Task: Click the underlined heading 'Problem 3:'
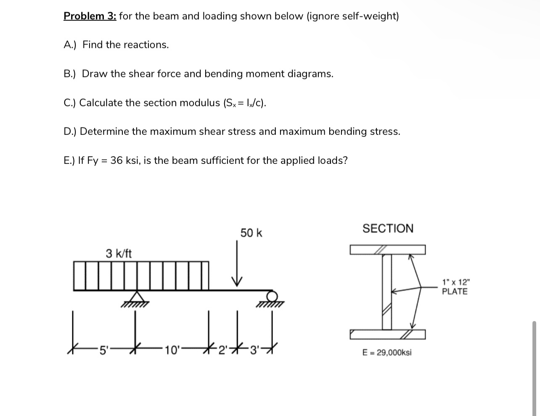click(90, 16)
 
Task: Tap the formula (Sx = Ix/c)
click(244, 103)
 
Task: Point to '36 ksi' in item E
click(124, 161)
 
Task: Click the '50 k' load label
click(251, 233)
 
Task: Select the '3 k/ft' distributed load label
click(119, 253)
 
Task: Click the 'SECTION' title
click(388, 229)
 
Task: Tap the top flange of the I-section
click(387, 250)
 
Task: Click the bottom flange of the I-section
click(387, 334)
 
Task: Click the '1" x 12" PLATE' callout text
click(455, 287)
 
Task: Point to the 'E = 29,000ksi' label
click(387, 353)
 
